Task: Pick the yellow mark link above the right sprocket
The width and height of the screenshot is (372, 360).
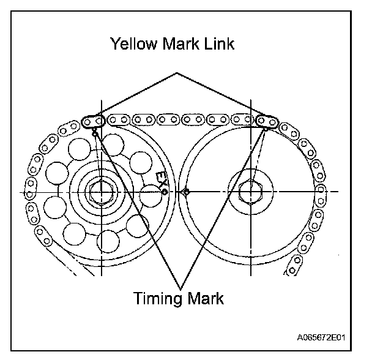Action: [x=267, y=119]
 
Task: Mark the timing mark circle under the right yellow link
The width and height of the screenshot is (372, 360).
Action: [x=265, y=129]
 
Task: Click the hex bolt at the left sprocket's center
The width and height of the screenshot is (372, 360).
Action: [x=97, y=192]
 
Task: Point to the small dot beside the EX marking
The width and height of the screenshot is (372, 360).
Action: [x=165, y=192]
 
